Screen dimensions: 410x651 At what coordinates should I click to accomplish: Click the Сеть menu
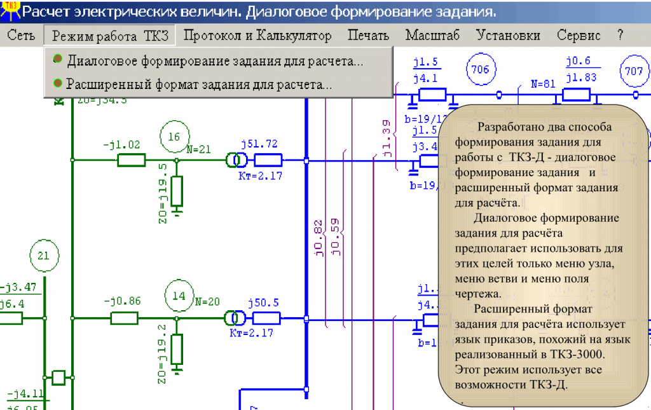[21, 36]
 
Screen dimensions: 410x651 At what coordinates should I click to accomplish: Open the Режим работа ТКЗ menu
[110, 36]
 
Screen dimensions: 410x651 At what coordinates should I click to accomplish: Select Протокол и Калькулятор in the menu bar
[257, 36]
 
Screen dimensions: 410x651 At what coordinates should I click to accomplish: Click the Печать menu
[369, 36]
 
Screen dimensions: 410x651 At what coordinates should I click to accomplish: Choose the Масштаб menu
[432, 36]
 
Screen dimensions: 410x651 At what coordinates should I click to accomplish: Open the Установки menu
[509, 36]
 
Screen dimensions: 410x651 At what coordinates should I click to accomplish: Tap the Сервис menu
[579, 36]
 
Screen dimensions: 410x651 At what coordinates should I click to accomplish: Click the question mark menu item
[620, 36]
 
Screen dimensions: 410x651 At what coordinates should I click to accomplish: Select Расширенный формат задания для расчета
[199, 83]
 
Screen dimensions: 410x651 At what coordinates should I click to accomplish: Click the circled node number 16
[174, 136]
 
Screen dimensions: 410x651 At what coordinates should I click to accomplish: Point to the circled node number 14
[179, 296]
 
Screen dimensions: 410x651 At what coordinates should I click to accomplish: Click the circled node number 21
[43, 256]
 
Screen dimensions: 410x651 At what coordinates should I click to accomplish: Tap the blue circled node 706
[481, 69]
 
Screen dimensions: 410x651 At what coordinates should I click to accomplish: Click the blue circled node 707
[634, 71]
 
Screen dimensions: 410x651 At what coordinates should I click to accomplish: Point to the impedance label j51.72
[259, 144]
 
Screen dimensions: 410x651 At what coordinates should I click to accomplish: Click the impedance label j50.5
[263, 303]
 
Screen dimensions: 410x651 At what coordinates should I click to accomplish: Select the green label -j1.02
[121, 144]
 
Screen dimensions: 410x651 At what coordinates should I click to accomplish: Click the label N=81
[543, 83]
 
